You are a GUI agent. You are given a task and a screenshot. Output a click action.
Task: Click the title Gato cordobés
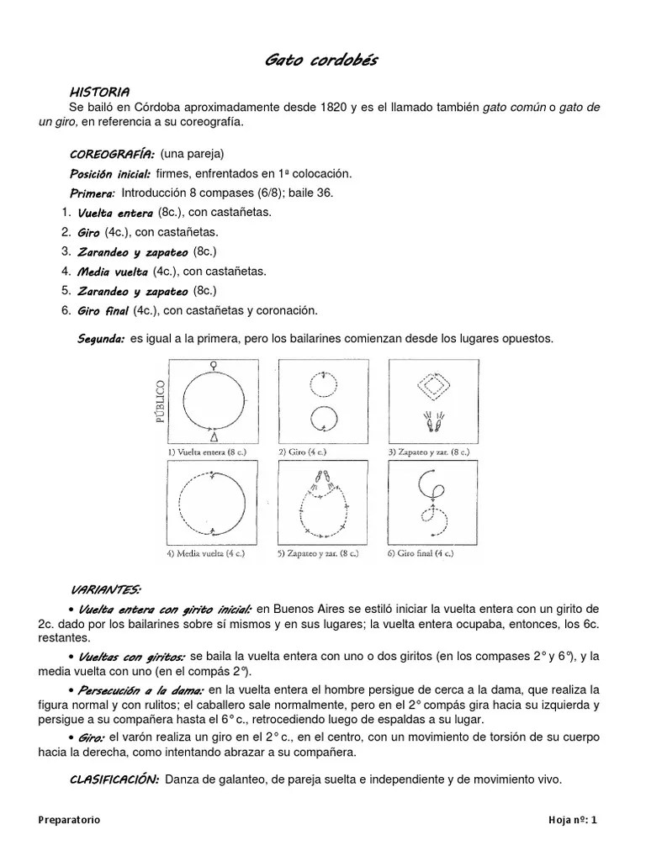coord(321,60)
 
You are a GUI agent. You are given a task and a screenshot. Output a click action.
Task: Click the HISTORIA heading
coord(99,91)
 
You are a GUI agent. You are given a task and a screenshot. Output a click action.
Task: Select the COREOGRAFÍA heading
coord(112,155)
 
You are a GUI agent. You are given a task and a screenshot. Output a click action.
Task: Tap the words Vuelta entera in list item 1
coord(115,214)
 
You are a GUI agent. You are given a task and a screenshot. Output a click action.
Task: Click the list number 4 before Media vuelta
coord(65,272)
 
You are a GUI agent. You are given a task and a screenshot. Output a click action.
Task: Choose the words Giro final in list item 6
coord(103,310)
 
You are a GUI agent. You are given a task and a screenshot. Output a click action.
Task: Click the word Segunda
coord(101,339)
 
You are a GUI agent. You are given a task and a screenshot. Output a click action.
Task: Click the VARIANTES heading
coord(105,588)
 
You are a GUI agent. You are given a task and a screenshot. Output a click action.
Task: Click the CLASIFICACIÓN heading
coord(114,779)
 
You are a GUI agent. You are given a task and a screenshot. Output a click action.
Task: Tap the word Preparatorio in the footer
coord(70,821)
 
